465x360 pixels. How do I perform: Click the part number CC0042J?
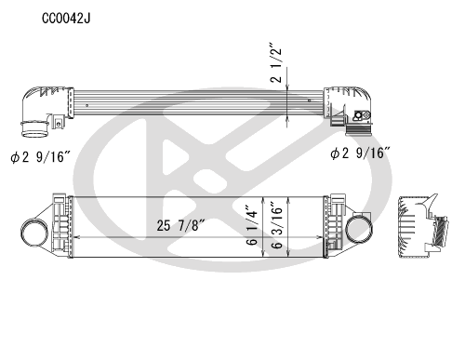(65, 18)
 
